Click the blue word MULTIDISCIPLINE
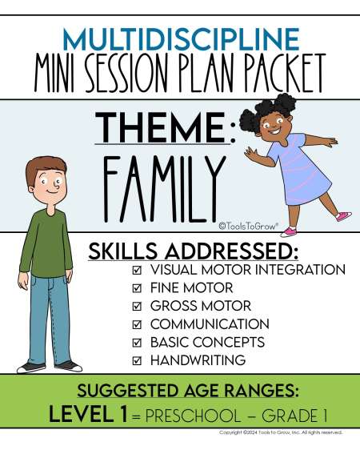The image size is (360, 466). pos(181,39)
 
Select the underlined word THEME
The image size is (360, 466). pos(161,128)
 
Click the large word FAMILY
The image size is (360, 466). pos(164,188)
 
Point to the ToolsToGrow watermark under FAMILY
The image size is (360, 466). pos(249,226)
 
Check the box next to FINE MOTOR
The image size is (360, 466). pos(137,288)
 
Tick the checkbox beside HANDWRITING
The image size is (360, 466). pos(137,361)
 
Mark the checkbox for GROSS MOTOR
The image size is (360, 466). pos(137,306)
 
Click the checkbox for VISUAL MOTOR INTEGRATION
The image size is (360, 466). pos(137,270)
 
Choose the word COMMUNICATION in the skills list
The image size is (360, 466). pos(210,324)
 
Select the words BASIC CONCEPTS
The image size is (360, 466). pos(207,342)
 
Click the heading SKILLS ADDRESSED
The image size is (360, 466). pos(193,251)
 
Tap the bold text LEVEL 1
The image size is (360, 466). pos(88,414)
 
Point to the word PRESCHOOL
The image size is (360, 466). pos(193,416)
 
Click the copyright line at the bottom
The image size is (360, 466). pos(281,432)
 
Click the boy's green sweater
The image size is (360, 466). pos(47,243)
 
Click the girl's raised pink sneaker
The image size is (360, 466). pos(344,216)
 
